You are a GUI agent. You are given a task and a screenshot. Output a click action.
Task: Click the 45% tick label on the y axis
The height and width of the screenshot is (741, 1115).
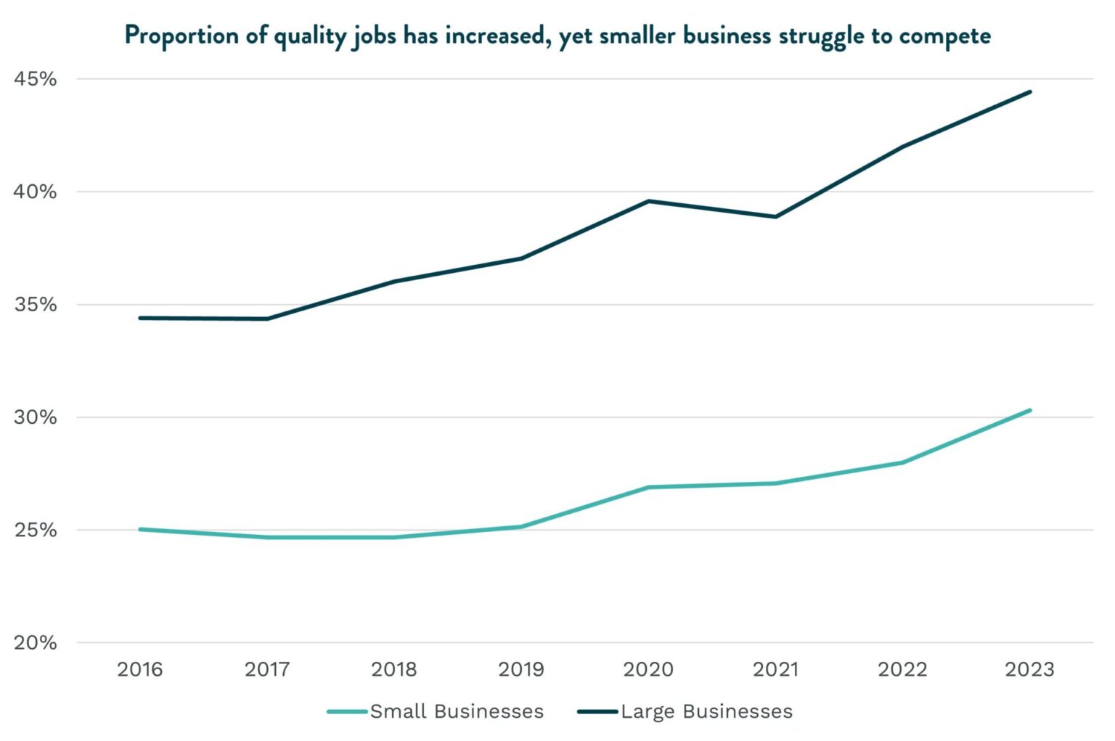(35, 79)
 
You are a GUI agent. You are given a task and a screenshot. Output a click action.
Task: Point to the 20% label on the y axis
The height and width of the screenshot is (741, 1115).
(35, 643)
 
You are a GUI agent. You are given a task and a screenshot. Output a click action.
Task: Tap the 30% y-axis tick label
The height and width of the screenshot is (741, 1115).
(35, 417)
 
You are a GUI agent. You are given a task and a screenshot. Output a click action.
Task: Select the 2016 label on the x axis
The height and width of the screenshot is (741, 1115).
(139, 669)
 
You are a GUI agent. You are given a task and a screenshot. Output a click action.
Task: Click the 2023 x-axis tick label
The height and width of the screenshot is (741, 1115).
(1029, 669)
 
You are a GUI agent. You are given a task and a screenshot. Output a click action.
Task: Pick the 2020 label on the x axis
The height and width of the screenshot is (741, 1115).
(648, 669)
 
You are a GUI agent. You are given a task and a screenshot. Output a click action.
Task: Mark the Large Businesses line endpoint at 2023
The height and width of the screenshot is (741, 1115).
(1029, 92)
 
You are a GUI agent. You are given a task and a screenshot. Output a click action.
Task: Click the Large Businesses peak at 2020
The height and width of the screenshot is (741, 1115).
(648, 201)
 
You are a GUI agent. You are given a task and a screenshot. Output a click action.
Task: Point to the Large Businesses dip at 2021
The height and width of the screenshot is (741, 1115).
(775, 216)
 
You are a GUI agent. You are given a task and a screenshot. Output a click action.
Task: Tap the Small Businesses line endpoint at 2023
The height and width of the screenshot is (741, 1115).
(1029, 411)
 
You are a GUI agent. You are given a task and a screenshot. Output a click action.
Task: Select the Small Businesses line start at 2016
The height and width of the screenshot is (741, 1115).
(139, 529)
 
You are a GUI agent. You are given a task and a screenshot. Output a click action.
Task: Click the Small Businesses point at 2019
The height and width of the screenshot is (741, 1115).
(521, 527)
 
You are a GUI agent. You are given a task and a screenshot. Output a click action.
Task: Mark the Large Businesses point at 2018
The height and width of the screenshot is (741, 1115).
(394, 282)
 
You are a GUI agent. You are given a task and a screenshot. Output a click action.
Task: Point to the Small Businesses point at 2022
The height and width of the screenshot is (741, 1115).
(902, 462)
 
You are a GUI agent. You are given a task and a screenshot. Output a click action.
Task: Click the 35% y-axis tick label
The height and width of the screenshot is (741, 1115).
(35, 305)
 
